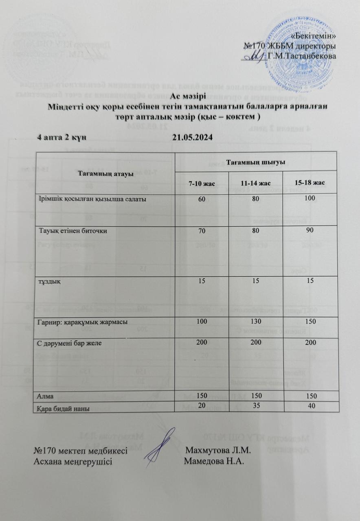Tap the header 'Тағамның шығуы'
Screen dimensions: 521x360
click(x=255, y=162)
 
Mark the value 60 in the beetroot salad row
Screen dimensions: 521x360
click(x=202, y=199)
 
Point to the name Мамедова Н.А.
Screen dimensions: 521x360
click(x=214, y=462)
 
